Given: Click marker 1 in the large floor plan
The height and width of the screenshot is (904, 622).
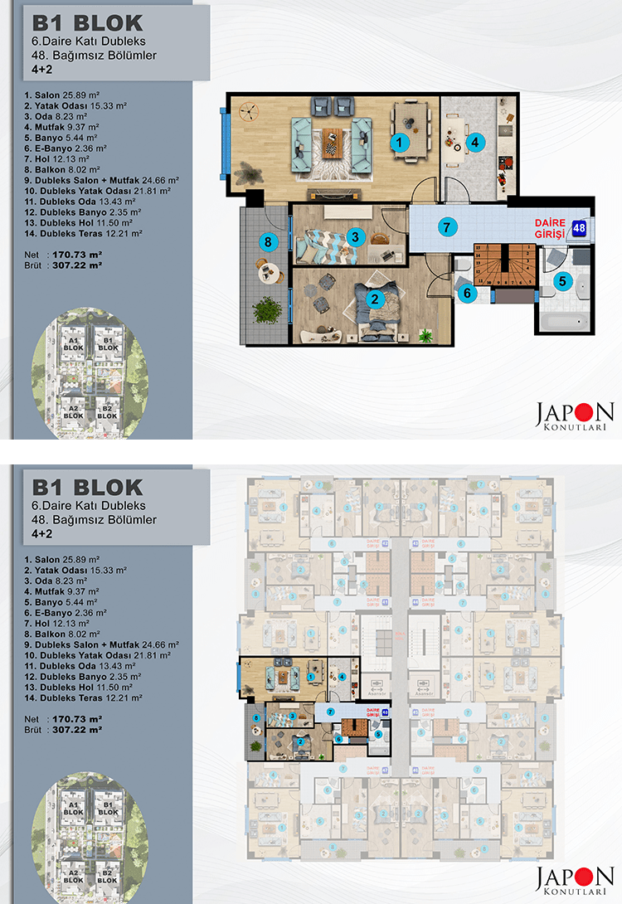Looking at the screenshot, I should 401,143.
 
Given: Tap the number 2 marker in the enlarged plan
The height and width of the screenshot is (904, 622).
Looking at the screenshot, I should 374,299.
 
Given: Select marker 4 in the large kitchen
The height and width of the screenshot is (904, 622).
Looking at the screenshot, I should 474,142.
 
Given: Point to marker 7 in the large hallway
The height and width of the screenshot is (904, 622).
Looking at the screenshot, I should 445,226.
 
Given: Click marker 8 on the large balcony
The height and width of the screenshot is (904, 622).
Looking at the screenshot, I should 266,243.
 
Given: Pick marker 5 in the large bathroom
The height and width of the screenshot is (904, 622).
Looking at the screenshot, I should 562,281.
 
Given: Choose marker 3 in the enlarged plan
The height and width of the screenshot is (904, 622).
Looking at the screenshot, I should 354,236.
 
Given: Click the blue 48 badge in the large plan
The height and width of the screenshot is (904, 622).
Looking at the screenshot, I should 580,227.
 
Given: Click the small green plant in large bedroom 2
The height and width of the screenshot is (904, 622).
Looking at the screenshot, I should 426,335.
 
